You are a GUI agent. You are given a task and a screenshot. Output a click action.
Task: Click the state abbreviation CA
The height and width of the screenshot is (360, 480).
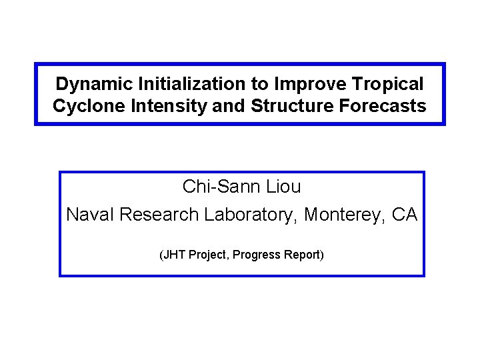click(x=404, y=215)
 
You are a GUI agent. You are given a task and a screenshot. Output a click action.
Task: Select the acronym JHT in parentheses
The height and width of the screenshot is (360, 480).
click(x=175, y=255)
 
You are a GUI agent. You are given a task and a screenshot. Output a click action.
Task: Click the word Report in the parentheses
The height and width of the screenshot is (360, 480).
click(x=303, y=255)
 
